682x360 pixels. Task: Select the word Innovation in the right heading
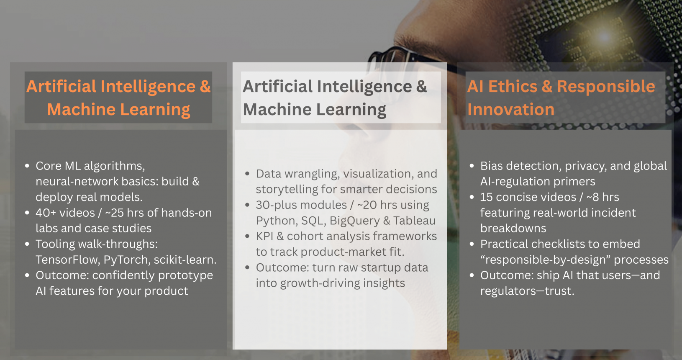coord(510,109)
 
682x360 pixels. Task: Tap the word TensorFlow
coord(68,260)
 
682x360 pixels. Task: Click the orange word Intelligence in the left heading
coord(148,87)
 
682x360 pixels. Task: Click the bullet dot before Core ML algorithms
coord(27,166)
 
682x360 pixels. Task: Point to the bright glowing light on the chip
coord(604,37)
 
